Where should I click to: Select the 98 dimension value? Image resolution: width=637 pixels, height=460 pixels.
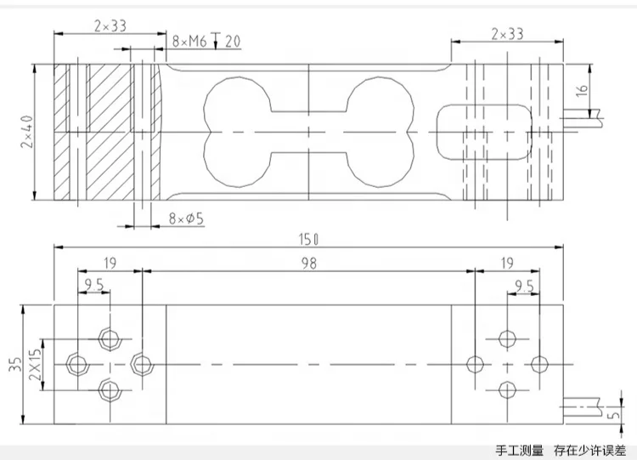pos(307,264)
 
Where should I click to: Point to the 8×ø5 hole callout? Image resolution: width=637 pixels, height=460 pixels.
pos(187,219)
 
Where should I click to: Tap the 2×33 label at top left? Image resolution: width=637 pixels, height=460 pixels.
pos(109,26)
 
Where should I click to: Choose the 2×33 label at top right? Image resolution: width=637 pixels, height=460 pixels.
pos(507,34)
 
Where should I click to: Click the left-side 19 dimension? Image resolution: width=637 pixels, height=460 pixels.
pos(109,264)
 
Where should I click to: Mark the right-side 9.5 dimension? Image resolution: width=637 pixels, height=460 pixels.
pos(523,285)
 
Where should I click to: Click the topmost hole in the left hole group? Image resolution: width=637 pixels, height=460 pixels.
pos(109,338)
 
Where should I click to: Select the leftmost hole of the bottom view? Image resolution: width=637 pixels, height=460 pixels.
pos(77,365)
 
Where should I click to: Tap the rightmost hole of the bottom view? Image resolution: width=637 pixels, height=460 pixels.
pos(538,364)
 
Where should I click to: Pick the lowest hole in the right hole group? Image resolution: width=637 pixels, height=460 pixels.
pos(507,389)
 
